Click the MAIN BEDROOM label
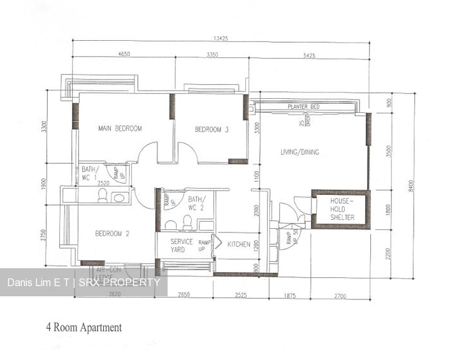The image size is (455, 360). click(120, 129)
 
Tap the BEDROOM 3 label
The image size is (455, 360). click(212, 129)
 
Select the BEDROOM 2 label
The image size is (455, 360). click(112, 234)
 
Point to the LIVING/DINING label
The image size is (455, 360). click(300, 152)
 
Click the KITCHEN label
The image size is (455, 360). click(239, 245)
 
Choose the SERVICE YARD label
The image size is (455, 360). click(182, 245)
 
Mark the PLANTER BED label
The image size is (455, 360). click(303, 107)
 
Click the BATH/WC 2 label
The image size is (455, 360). click(196, 204)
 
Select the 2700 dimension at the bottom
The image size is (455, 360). click(339, 295)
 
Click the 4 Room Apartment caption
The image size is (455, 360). click(83, 328)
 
